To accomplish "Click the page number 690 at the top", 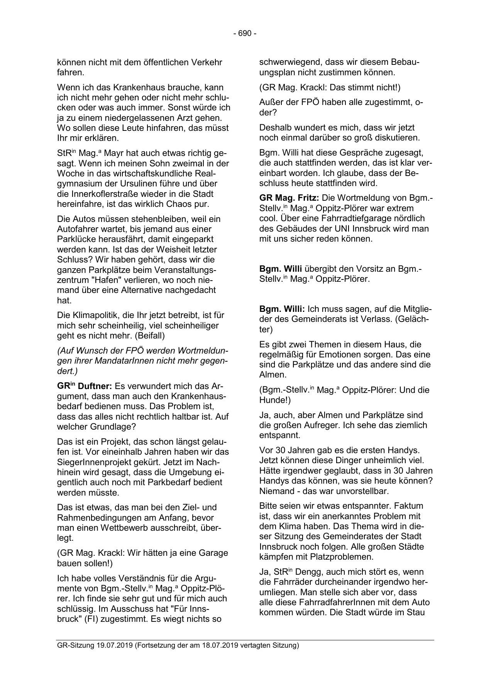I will [x=245, y=34].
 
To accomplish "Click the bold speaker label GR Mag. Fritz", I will [x=289, y=198].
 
